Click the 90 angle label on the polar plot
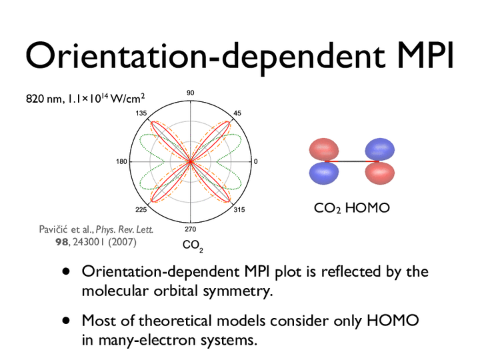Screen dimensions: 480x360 coord(191,93)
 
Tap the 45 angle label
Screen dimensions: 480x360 coord(237,113)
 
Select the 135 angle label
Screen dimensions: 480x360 coord(141,113)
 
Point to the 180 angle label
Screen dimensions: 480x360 coord(121,161)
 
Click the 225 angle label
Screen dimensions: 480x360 coord(141,210)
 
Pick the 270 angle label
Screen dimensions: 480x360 coord(191,229)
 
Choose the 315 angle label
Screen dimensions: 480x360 coord(239,210)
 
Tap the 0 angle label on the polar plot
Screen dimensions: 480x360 coord(256,161)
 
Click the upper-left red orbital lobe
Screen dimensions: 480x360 coord(324,149)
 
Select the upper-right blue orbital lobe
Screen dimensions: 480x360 coord(379,149)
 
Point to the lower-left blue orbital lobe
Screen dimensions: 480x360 coord(324,173)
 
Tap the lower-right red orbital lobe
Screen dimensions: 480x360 coord(379,173)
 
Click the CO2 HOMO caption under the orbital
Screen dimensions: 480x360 coord(352,208)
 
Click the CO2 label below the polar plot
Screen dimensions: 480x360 coord(193,245)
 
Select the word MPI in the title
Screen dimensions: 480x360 coord(423,56)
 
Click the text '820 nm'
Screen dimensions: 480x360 coord(44,99)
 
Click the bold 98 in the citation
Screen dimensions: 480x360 coord(61,242)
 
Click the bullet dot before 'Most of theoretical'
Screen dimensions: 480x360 coord(66,321)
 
